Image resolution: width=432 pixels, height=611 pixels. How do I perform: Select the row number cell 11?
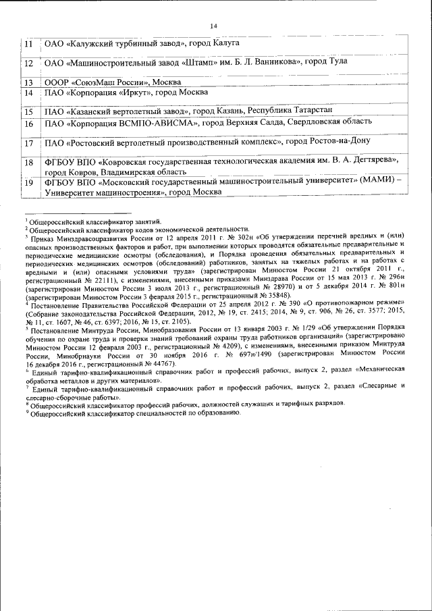pos(28,44)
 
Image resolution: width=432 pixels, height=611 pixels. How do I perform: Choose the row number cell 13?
pos(28,82)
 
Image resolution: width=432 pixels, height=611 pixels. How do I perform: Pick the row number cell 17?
pos(28,143)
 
